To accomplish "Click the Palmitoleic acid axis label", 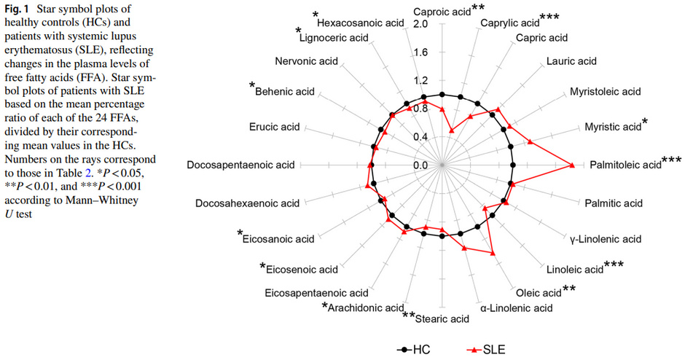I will [x=624, y=165].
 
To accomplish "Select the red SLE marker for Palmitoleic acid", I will [x=579, y=165].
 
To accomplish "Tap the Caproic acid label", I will [x=441, y=12].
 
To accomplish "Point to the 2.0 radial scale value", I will [x=420, y=25].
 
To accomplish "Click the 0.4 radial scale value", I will [x=420, y=137].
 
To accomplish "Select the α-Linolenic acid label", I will [x=515, y=308].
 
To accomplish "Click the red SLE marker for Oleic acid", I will [x=494, y=253].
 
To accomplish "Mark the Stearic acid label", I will [x=442, y=318].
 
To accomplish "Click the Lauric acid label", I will [x=571, y=61].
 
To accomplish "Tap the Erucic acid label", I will [x=273, y=128].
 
